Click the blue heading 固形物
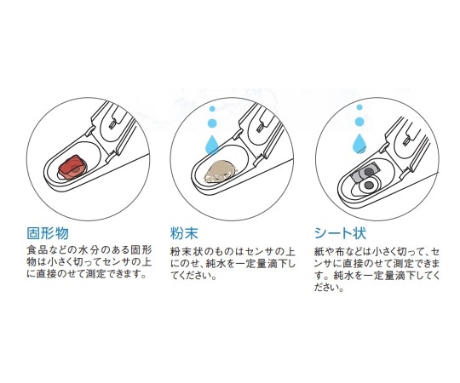click(x=48, y=233)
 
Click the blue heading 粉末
click(x=184, y=233)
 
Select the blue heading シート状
click(x=340, y=233)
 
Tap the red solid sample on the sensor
click(x=72, y=167)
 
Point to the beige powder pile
click(x=220, y=172)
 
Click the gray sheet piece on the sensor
click(x=365, y=174)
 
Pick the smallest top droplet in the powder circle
click(x=212, y=109)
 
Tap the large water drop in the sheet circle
click(x=359, y=142)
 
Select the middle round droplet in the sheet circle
click(x=359, y=122)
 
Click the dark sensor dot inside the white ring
click(x=370, y=185)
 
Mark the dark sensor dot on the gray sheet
click(x=369, y=172)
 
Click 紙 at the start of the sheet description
click(x=319, y=252)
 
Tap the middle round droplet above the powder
click(x=212, y=123)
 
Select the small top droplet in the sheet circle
click(x=359, y=107)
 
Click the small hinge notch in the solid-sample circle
click(x=112, y=124)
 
